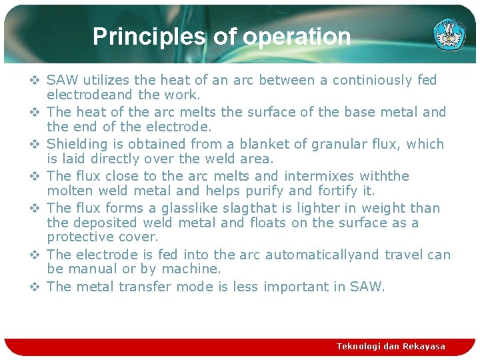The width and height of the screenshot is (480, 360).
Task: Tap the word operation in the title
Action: [x=297, y=37]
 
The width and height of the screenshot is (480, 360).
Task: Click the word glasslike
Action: [x=189, y=208]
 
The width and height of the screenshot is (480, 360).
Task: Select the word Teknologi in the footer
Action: [x=359, y=346]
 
